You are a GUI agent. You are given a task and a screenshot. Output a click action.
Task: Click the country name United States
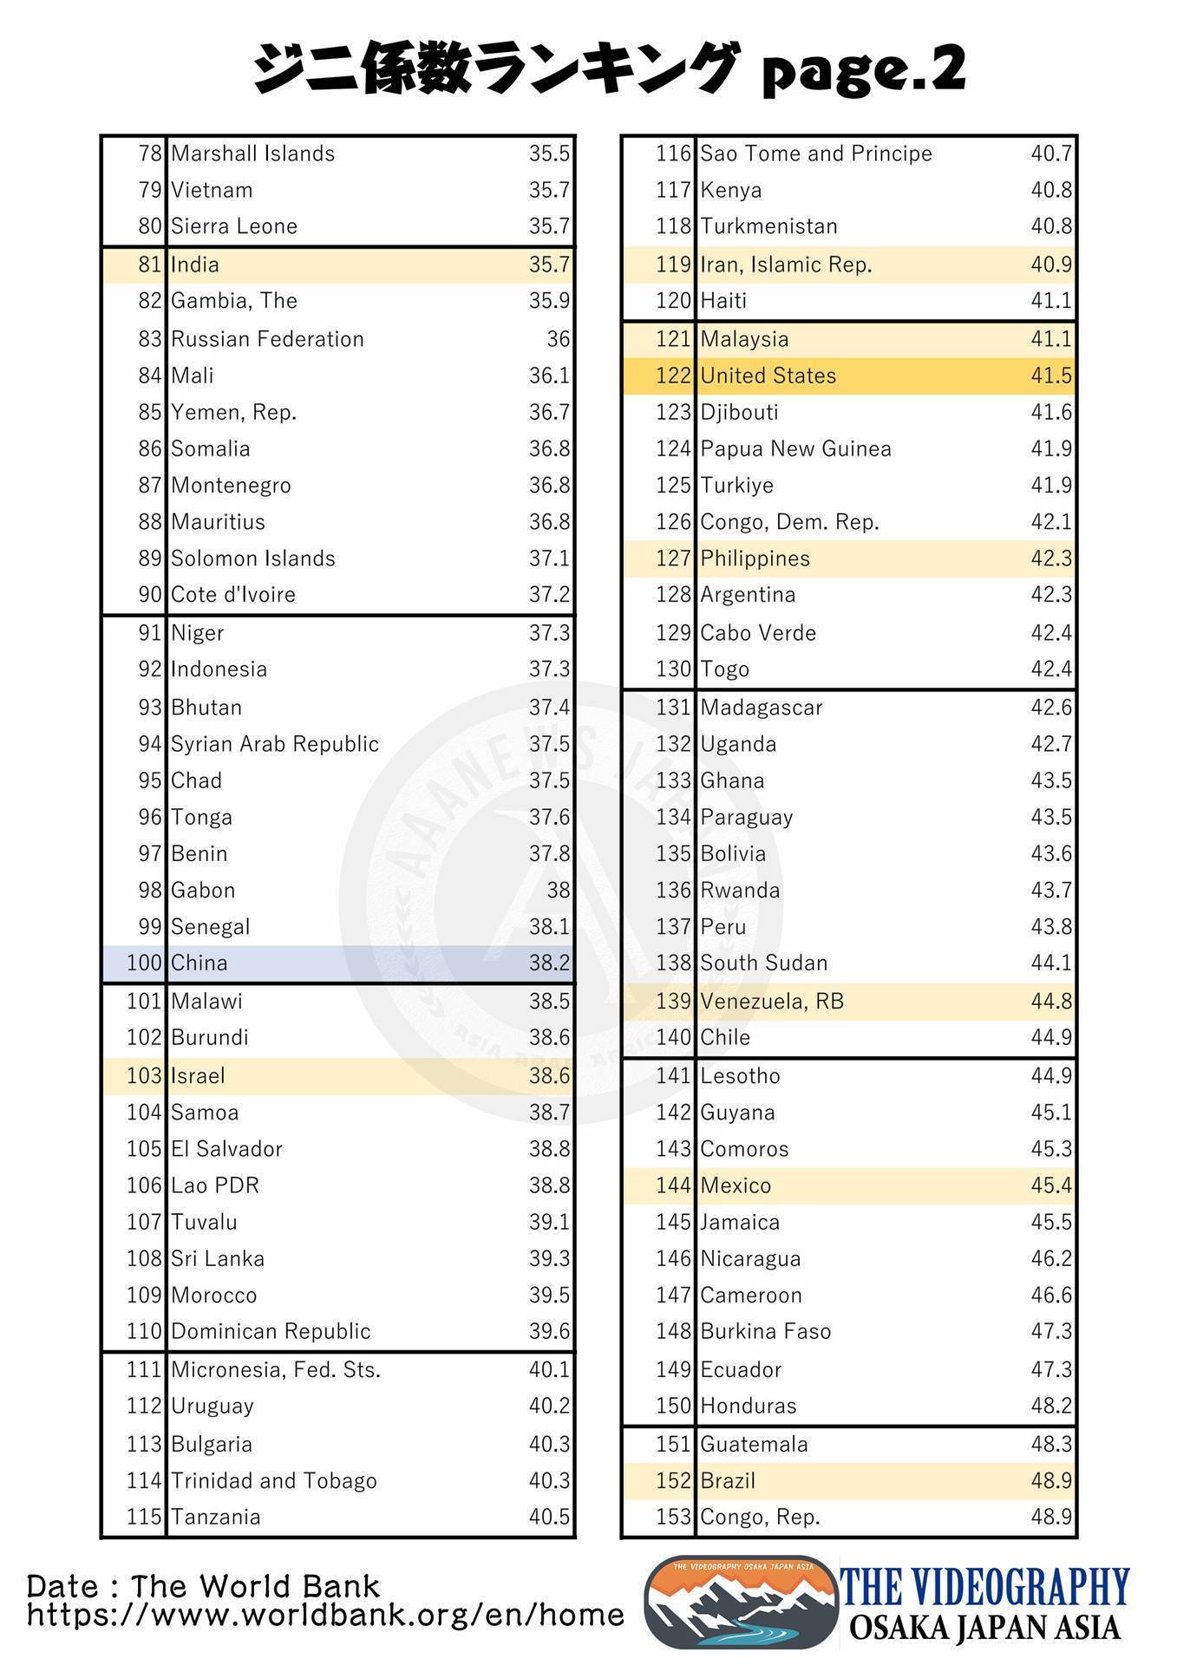click(768, 375)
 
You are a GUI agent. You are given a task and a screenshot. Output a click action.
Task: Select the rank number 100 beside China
click(144, 963)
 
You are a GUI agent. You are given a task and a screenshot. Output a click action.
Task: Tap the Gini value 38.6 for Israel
click(549, 1075)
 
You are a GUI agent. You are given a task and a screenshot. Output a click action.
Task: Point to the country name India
click(195, 264)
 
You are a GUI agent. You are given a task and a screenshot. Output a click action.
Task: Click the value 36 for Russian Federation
click(558, 339)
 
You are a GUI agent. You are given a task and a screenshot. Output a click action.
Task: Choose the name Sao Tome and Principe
click(815, 153)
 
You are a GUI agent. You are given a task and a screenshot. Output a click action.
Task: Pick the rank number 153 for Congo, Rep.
click(673, 1517)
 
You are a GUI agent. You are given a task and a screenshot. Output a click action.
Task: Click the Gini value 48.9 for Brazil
click(1051, 1480)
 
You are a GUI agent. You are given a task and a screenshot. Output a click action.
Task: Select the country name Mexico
click(736, 1185)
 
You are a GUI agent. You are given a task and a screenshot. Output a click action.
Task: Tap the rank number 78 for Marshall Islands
click(150, 153)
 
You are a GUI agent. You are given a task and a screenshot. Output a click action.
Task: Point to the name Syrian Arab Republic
click(275, 744)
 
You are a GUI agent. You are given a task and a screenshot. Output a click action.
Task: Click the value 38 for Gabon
click(558, 890)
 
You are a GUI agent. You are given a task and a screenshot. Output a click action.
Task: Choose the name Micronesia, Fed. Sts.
click(276, 1369)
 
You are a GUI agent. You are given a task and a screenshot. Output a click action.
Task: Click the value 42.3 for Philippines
click(1051, 558)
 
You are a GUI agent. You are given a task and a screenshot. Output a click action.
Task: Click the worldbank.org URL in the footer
click(325, 1615)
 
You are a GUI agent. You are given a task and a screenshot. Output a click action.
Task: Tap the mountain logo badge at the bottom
click(740, 1602)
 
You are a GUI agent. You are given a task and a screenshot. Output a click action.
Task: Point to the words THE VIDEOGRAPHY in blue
click(986, 1586)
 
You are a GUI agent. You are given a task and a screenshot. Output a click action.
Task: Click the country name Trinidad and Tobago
click(274, 1480)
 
